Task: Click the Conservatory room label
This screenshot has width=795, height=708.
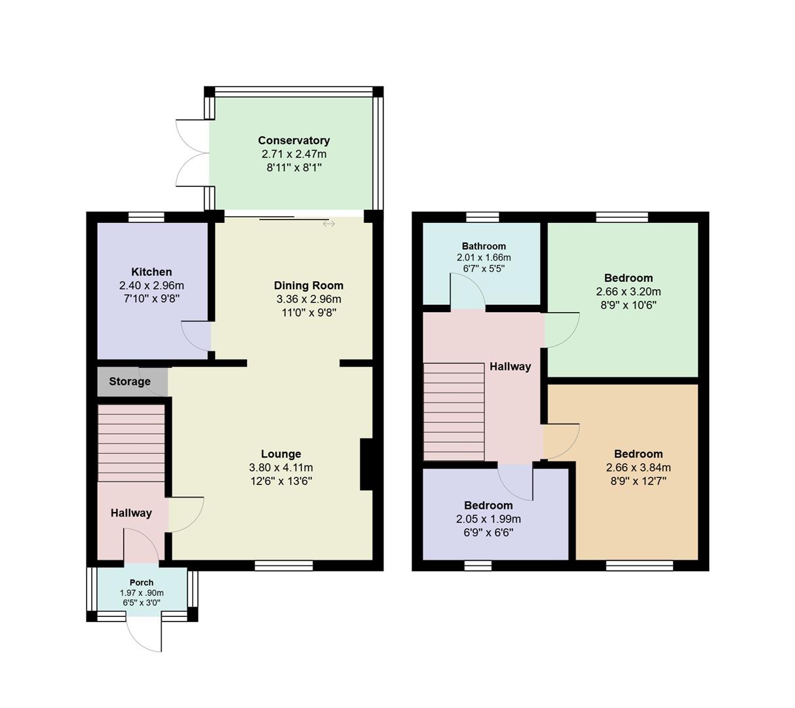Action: point(294,140)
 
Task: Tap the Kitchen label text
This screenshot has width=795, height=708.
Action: point(151,272)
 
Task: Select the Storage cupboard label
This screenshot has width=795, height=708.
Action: point(130,382)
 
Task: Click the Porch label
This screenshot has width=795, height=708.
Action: point(142,583)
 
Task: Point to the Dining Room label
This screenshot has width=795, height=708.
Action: point(309,286)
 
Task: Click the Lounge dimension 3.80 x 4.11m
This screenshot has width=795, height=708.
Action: point(281,468)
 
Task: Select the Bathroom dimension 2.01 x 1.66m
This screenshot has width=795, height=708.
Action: point(484,258)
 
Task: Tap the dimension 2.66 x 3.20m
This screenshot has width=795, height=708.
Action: point(629,292)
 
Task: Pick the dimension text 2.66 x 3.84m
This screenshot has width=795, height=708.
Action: point(638,468)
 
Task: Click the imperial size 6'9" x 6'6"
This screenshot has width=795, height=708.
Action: point(488,533)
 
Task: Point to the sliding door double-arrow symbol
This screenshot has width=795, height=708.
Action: point(329,224)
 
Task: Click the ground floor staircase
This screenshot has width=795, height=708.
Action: point(131,443)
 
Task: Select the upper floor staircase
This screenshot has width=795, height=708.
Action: point(454,412)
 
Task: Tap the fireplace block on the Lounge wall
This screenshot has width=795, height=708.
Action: point(366,464)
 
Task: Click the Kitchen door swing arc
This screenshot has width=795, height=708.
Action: point(197,335)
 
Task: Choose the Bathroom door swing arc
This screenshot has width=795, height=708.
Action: point(467,291)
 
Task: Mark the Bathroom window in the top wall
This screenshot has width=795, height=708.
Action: point(482,217)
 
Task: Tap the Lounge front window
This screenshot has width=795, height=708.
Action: point(284,566)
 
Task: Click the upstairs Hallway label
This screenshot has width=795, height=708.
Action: point(510,367)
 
